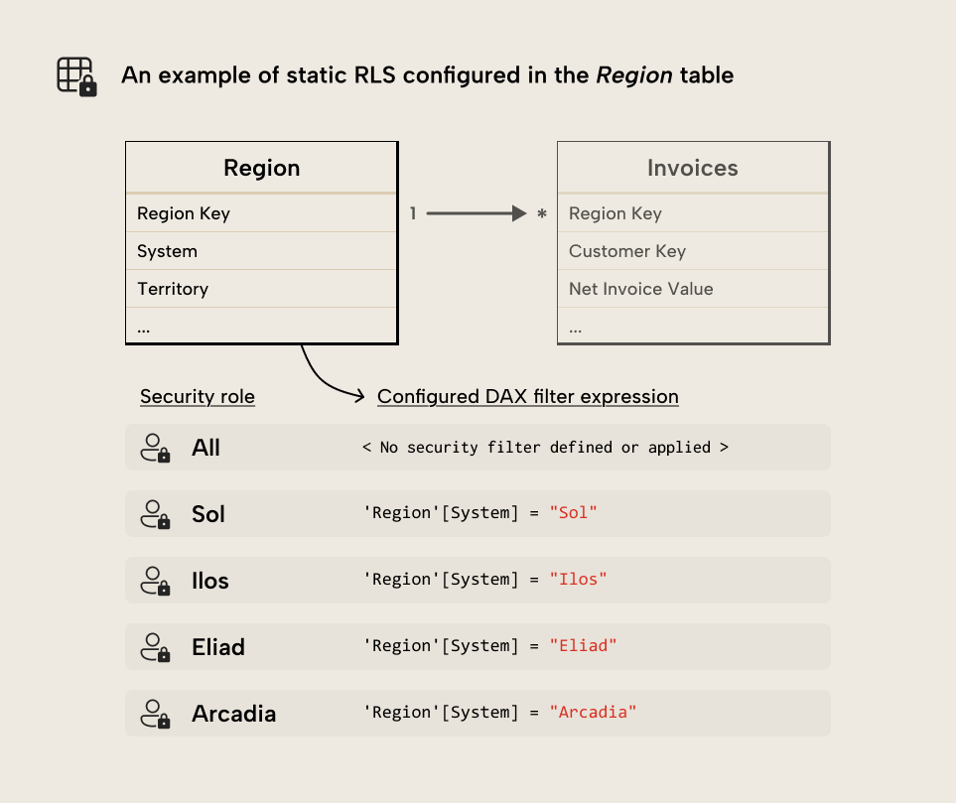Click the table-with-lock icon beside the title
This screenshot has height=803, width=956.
coord(76,76)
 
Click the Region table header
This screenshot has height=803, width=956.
coord(261,168)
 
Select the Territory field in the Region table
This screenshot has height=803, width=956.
coord(173,289)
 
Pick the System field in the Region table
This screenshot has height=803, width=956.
coord(167,251)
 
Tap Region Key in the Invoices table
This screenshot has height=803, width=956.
coord(615,213)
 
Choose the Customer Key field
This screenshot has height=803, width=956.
coord(626,251)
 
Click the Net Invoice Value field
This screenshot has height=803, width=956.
coord(640,289)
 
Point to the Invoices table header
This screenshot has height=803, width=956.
coord(692,168)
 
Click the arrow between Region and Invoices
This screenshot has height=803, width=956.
coord(475,213)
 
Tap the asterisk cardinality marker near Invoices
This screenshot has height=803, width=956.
coord(541,214)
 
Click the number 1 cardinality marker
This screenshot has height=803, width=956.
coord(413,213)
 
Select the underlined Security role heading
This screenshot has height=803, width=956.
coord(197,397)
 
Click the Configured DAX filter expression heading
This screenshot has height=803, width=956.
coord(527,397)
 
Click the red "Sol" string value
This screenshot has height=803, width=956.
coord(573,513)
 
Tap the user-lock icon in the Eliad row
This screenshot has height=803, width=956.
coord(154,647)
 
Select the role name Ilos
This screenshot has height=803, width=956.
coord(209,581)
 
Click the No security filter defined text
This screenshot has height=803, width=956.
coord(545,448)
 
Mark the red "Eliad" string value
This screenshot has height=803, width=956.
coord(583,646)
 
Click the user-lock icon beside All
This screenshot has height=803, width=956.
coord(154,448)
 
